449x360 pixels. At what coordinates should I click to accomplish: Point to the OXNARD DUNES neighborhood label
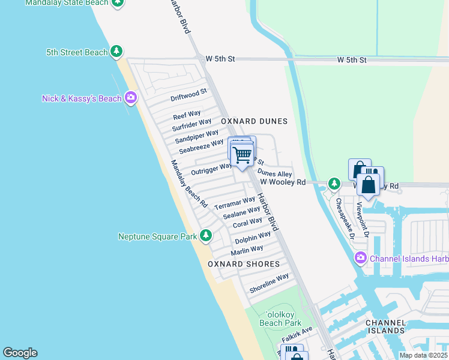coord(254,121)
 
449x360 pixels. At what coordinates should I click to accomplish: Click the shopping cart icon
coord(243,155)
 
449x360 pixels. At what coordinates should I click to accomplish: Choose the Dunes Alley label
coord(274,173)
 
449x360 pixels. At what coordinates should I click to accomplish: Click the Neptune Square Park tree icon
coord(206,236)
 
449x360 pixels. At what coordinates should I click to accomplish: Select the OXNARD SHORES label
coord(244,264)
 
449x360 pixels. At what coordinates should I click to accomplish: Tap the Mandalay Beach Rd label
coord(188,184)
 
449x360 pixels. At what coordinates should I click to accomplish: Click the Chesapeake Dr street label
coord(345,217)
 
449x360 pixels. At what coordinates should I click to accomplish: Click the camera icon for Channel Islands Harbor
coord(360,259)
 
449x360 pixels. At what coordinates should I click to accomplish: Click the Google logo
coord(20,353)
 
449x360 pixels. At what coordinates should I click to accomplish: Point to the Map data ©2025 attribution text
coord(423,355)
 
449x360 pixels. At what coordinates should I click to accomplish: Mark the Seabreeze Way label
coord(201,146)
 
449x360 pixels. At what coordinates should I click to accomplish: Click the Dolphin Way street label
coord(252,238)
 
